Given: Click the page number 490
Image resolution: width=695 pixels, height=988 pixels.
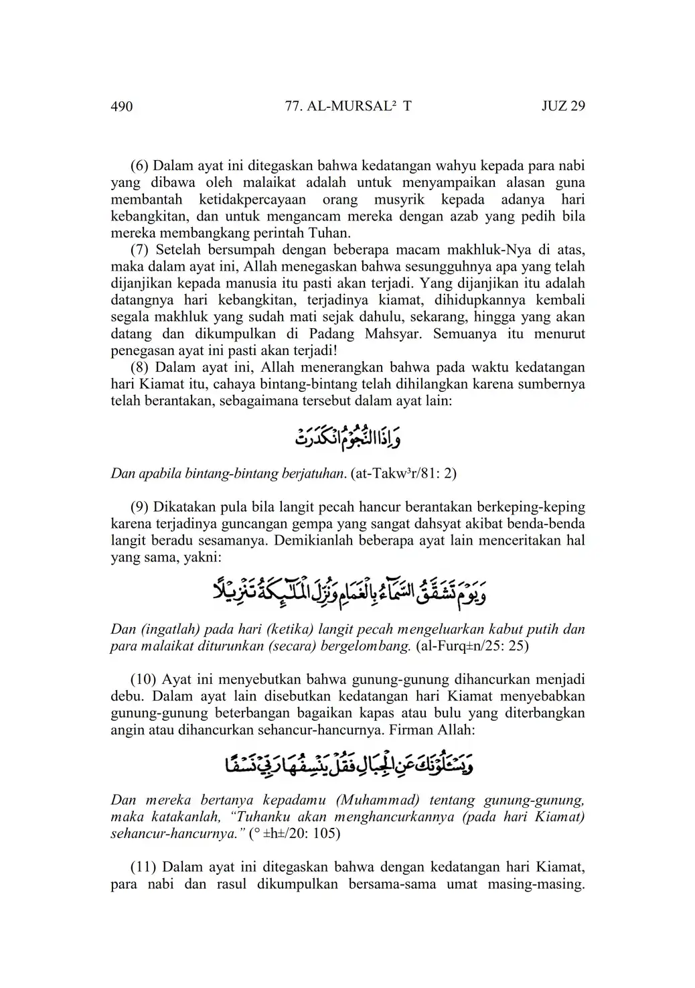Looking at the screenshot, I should click(x=122, y=107).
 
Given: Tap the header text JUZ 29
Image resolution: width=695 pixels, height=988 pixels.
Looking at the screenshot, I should click(x=563, y=106).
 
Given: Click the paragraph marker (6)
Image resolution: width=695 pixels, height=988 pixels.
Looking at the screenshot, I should click(x=140, y=165).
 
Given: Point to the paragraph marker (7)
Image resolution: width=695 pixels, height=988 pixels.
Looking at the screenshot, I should click(x=140, y=250).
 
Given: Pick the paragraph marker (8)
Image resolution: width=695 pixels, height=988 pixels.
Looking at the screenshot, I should click(x=140, y=367).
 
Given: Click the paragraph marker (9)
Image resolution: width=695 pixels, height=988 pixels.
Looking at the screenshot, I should click(x=140, y=506).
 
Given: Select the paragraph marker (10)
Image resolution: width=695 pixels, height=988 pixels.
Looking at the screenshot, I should click(x=144, y=679).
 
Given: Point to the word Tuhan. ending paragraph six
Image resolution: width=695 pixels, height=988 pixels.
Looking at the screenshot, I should click(x=333, y=233).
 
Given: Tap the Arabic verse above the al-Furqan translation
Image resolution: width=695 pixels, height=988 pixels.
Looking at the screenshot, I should click(x=348, y=591).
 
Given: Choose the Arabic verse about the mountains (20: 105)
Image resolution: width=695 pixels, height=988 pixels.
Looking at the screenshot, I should click(x=347, y=764).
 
